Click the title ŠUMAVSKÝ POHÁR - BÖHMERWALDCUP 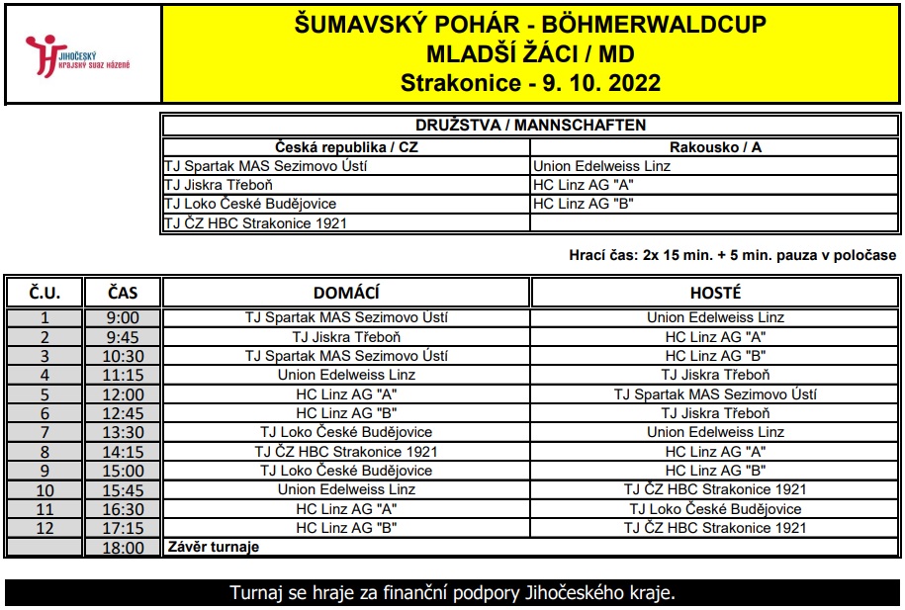pyautogui.click(x=531, y=25)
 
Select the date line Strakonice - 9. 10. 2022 pyautogui.click(x=531, y=82)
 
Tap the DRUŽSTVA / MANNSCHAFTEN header pyautogui.click(x=531, y=126)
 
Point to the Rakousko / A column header pyautogui.click(x=715, y=146)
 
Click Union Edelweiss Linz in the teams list pyautogui.click(x=601, y=166)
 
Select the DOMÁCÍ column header pyautogui.click(x=346, y=293)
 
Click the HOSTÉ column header pyautogui.click(x=715, y=293)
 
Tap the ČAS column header pyautogui.click(x=123, y=293)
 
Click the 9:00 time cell pyautogui.click(x=123, y=318)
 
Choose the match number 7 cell pyautogui.click(x=45, y=432)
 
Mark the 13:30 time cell pyautogui.click(x=123, y=432)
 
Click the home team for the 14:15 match pyautogui.click(x=346, y=452)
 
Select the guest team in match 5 pyautogui.click(x=715, y=394)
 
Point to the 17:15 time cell pyautogui.click(x=123, y=528)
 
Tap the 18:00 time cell pyautogui.click(x=123, y=548)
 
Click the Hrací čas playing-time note pyautogui.click(x=733, y=255)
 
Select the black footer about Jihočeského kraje pyautogui.click(x=452, y=594)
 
